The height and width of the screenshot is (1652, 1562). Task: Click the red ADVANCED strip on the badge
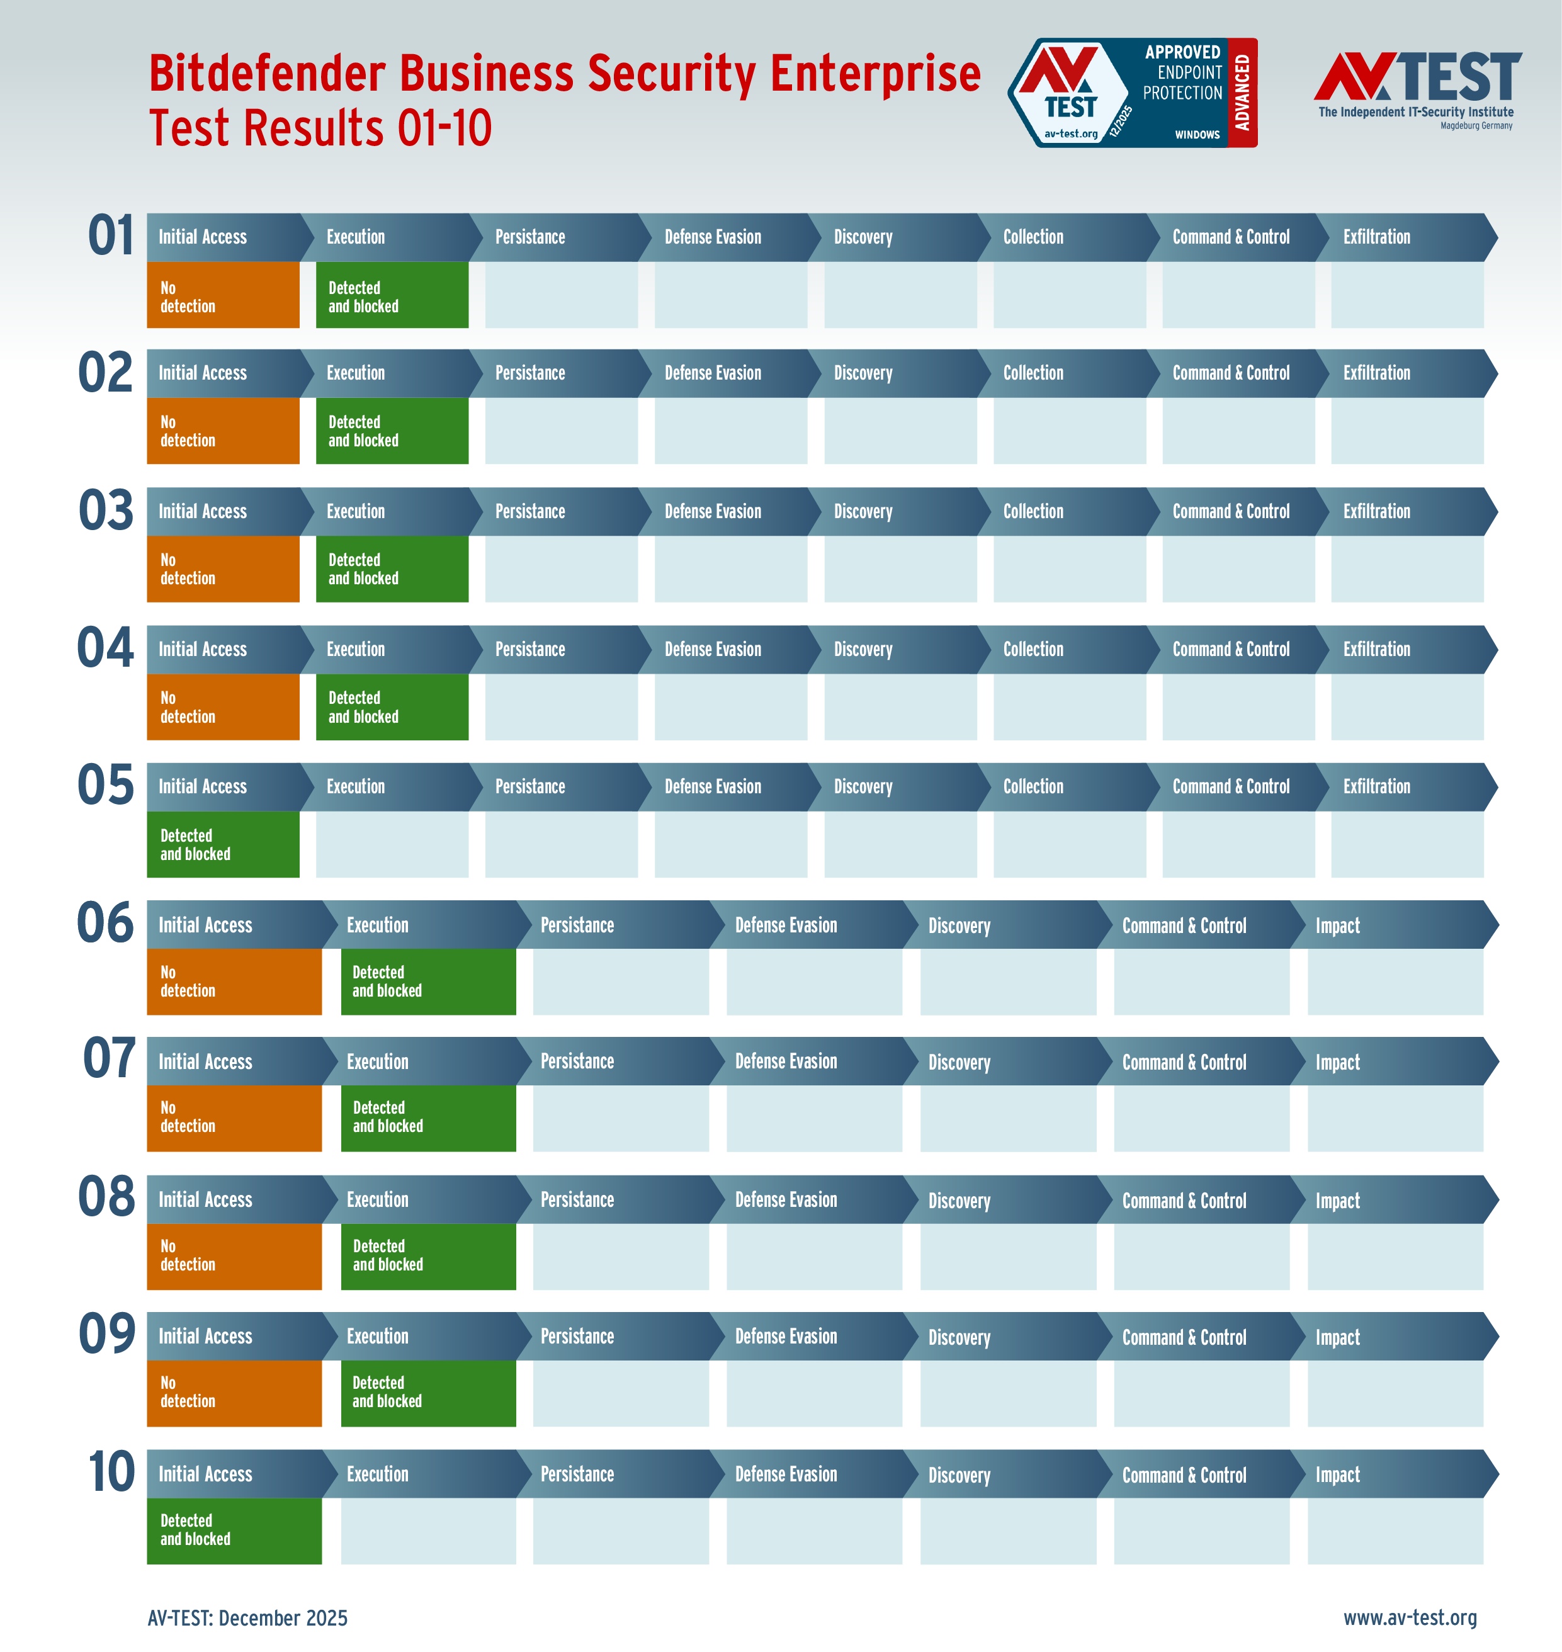click(x=1242, y=93)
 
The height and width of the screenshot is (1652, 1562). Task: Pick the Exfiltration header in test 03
click(x=1376, y=511)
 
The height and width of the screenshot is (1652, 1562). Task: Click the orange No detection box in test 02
click(x=222, y=431)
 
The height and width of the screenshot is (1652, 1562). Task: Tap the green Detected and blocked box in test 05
click(x=222, y=844)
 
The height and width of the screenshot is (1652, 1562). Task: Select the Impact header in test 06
click(x=1337, y=925)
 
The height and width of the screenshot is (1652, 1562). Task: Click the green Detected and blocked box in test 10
click(x=234, y=1530)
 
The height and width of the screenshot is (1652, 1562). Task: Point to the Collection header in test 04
click(x=1033, y=650)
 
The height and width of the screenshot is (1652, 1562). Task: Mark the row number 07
click(x=109, y=1058)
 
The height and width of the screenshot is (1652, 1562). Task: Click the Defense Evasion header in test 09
click(x=785, y=1337)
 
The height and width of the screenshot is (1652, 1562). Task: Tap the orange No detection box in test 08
click(x=234, y=1255)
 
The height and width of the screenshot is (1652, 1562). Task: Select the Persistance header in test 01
click(x=529, y=237)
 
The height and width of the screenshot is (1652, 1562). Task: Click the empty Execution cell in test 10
click(x=428, y=1530)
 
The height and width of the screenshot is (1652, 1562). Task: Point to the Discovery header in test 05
click(x=863, y=787)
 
